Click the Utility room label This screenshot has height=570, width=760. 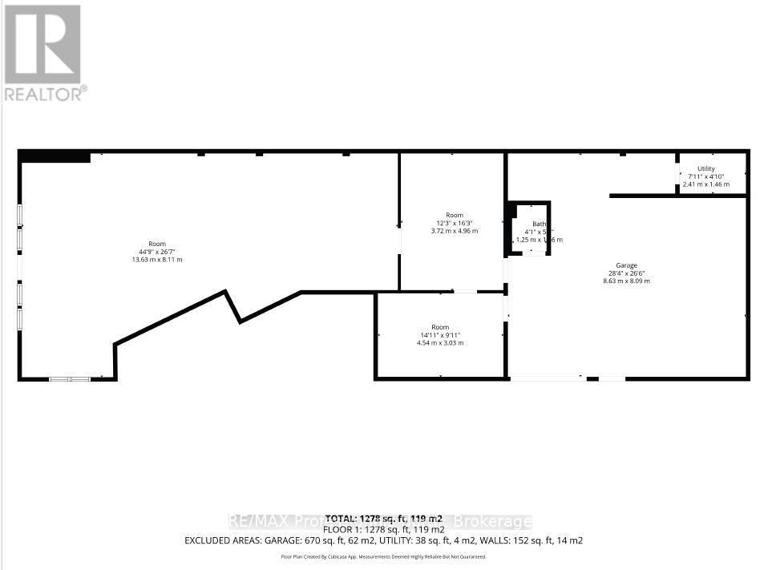[x=705, y=168]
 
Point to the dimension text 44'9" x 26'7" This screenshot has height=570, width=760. [x=156, y=252]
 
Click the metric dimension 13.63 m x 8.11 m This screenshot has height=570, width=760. [x=156, y=260]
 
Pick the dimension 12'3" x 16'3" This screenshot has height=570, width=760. [x=455, y=223]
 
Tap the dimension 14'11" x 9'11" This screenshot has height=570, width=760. [x=440, y=335]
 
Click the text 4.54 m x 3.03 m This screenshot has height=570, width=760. [x=440, y=343]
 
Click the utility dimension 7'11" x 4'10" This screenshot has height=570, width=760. [x=705, y=176]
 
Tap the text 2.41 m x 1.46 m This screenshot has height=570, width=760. [x=705, y=184]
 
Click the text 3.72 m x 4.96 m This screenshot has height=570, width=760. [x=455, y=231]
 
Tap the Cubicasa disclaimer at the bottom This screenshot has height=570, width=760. [x=383, y=556]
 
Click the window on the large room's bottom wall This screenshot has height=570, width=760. [x=70, y=378]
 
